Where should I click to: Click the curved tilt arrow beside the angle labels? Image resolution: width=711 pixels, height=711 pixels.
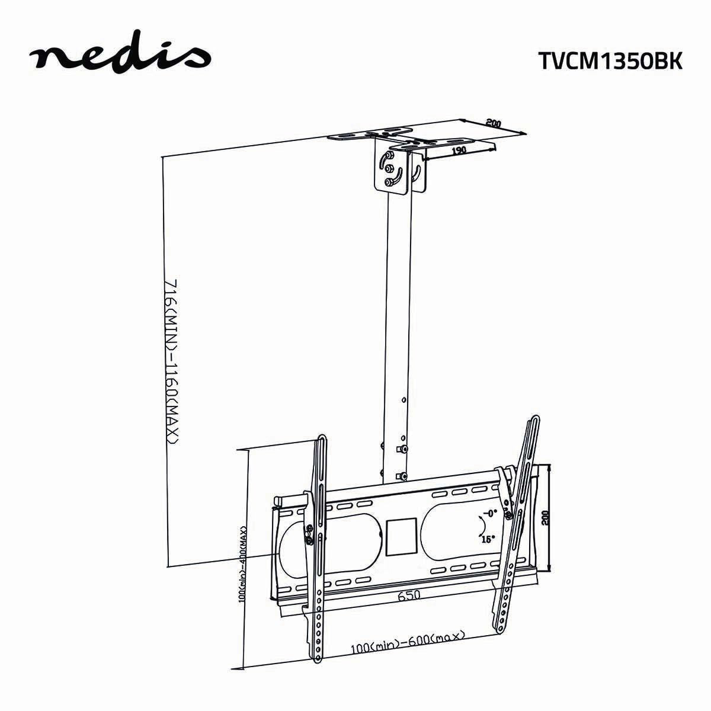pos(482,526)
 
